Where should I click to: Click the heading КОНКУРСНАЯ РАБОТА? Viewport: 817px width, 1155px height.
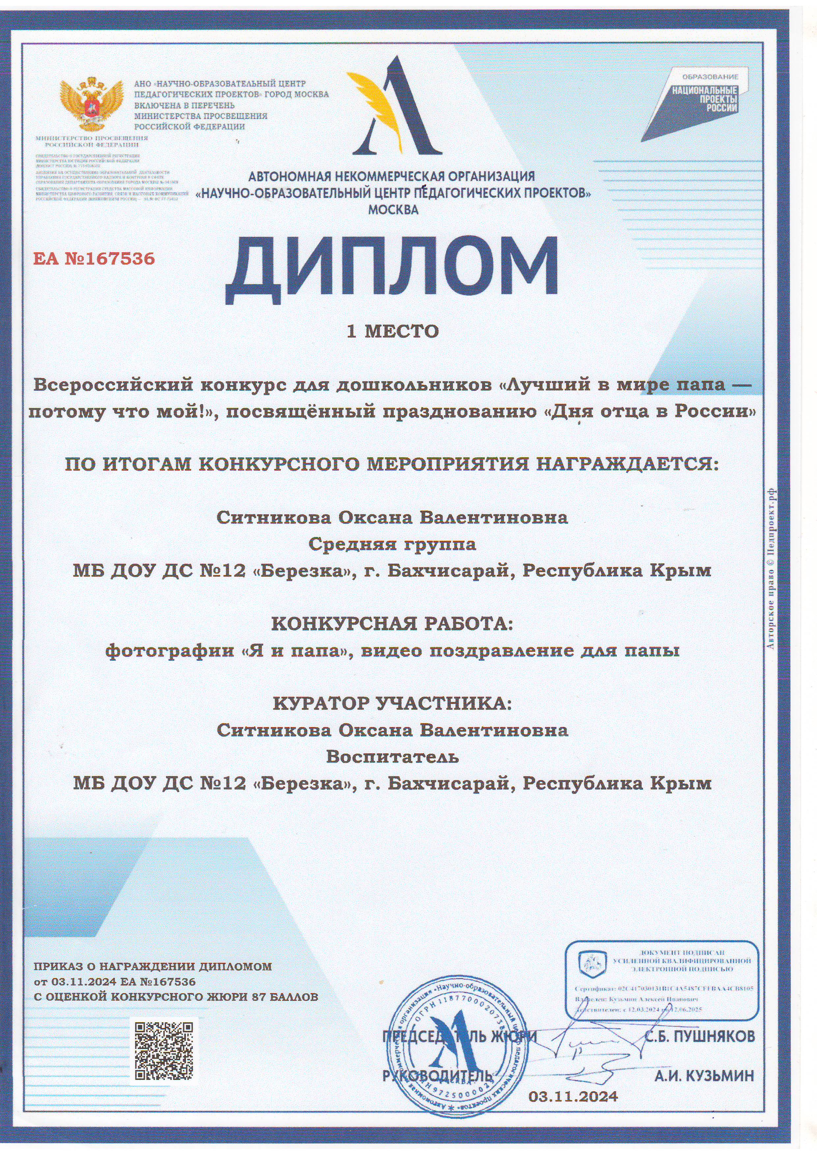click(393, 624)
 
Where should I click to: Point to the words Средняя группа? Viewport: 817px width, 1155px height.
click(393, 544)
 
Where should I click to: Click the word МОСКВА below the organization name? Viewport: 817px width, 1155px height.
click(393, 210)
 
